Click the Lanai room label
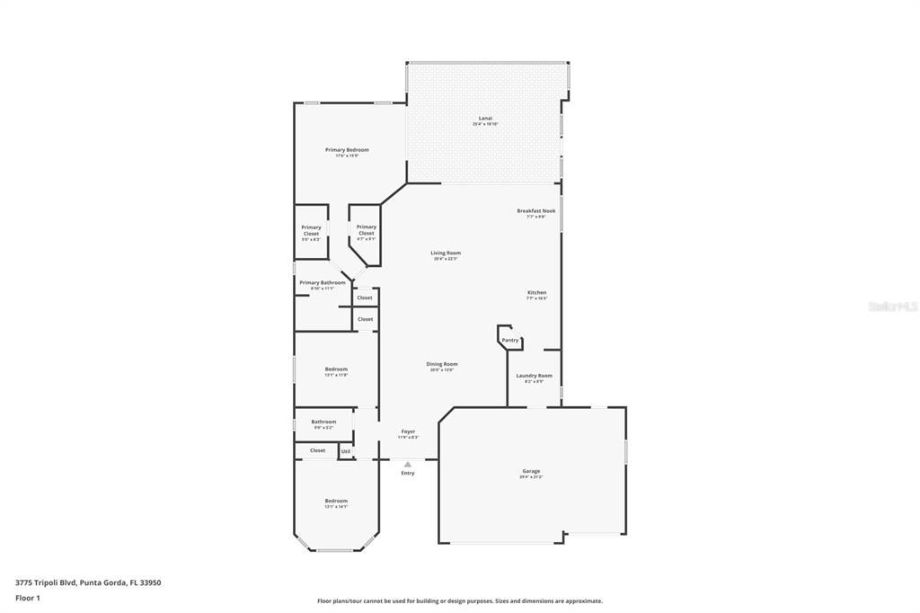tap(485, 118)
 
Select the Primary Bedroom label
tap(347, 150)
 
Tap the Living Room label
tap(446, 253)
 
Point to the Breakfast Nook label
tap(535, 211)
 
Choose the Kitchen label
tap(536, 293)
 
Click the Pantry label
tap(510, 341)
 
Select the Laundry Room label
tap(534, 376)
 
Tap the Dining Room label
tap(443, 364)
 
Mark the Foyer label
tap(408, 431)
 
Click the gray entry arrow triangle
tap(408, 464)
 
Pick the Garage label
tap(531, 471)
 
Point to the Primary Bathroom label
tap(322, 282)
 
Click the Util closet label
tap(346, 451)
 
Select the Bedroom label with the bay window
tap(336, 501)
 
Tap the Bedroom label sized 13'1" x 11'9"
tap(336, 369)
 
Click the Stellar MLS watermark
tap(892, 306)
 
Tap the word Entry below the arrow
tap(408, 473)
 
